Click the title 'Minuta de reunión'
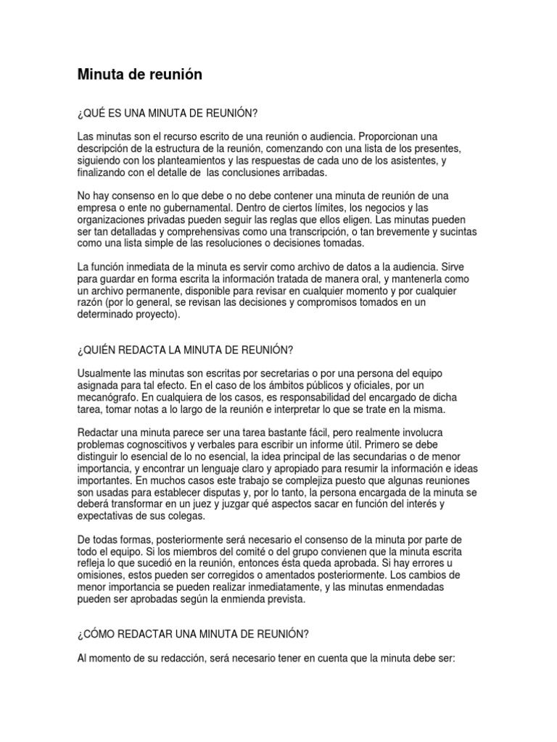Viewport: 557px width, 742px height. click(x=141, y=75)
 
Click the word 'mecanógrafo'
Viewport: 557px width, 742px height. click(x=109, y=398)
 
